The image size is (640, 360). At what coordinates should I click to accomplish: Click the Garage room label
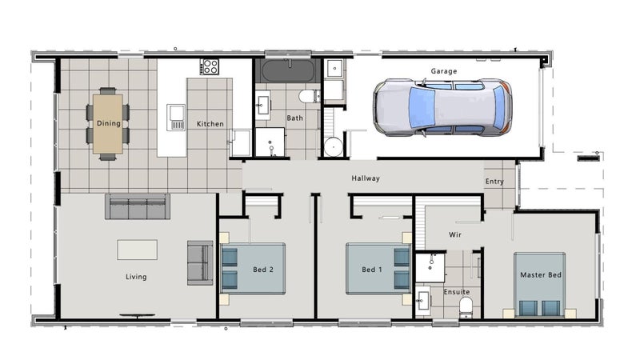(444, 71)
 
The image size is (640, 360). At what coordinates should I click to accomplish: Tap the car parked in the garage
(442, 107)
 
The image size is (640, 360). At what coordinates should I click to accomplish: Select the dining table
(108, 124)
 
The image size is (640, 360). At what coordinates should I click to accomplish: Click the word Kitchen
(210, 124)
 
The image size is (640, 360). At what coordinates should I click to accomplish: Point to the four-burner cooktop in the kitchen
(210, 66)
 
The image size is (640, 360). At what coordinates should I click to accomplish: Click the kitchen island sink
(176, 118)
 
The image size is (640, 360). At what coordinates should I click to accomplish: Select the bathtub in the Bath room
(288, 70)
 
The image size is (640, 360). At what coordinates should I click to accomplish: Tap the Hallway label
(366, 178)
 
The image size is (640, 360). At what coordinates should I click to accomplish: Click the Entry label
(494, 182)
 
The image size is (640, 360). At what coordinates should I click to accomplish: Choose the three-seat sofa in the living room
(138, 206)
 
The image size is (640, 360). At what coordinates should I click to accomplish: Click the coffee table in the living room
(137, 250)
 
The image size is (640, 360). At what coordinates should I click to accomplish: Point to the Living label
(136, 277)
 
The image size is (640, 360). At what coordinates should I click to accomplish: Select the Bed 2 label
(263, 270)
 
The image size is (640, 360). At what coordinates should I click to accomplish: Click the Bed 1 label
(372, 270)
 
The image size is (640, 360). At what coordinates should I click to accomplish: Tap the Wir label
(455, 234)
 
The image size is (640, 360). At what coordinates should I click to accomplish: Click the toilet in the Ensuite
(466, 307)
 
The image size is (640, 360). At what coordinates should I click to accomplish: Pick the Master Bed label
(541, 275)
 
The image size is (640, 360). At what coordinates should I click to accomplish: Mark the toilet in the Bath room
(309, 96)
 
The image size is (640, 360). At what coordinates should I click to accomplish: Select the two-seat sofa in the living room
(200, 263)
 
